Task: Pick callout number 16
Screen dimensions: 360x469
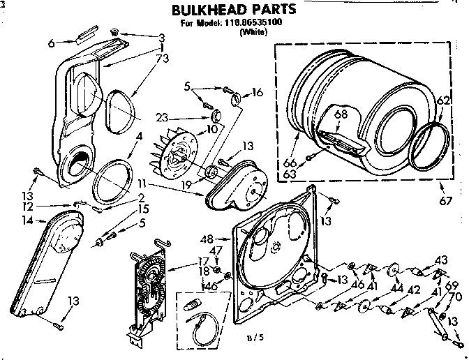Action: pyautogui.click(x=258, y=91)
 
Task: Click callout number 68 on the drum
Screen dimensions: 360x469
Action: pyautogui.click(x=340, y=114)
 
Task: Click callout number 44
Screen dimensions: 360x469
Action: pyautogui.click(x=399, y=287)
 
